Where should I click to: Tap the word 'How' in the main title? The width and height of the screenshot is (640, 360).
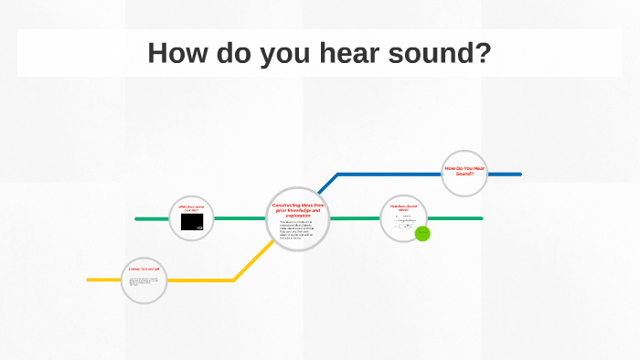[x=179, y=53]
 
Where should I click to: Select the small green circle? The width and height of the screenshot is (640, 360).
[x=422, y=233]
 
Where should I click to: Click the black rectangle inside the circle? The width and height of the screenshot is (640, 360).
[x=192, y=222]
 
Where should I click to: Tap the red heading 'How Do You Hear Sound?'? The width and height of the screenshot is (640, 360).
[x=464, y=171]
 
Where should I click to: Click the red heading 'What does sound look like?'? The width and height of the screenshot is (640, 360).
[x=191, y=209]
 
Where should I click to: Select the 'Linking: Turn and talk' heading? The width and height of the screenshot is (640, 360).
[x=144, y=270]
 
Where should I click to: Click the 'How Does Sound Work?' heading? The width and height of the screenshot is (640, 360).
[x=403, y=207]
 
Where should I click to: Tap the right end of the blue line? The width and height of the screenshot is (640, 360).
[x=519, y=174]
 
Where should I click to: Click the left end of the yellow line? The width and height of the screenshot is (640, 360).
[x=90, y=280]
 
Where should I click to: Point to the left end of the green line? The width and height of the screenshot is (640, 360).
[x=137, y=219]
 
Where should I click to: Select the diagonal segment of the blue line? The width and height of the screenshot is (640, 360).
[x=322, y=187]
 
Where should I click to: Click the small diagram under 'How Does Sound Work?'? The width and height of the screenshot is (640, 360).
[x=403, y=222]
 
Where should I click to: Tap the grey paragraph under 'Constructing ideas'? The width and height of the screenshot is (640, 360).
[x=297, y=229]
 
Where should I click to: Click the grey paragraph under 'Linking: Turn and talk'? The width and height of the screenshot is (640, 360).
[x=144, y=281]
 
